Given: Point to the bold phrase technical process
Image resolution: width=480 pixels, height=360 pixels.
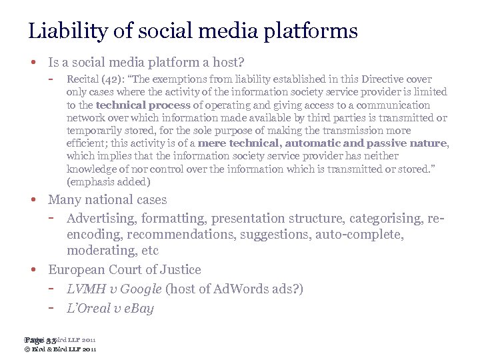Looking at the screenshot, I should [x=143, y=105].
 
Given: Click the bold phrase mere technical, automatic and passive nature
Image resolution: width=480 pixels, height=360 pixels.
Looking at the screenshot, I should [x=338, y=143].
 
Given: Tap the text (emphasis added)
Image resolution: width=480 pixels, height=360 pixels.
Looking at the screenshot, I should [x=109, y=181].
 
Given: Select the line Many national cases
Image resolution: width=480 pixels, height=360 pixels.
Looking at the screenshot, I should [x=107, y=200].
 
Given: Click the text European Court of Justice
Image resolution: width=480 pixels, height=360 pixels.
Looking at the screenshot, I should [x=125, y=270].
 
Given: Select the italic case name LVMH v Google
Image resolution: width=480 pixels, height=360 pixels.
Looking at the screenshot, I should [x=114, y=289].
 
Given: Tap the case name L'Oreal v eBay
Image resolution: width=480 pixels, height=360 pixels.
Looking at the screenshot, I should [x=110, y=308].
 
